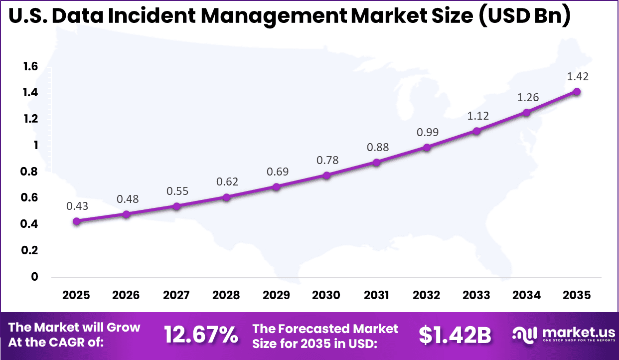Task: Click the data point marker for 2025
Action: pos(76,221)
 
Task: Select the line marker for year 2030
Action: pos(326,176)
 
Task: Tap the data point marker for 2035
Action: pos(577,91)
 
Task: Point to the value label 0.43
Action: pos(77,205)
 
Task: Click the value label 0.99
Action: pos(427,133)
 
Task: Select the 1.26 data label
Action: pos(527,97)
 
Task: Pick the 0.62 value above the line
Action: pos(227,181)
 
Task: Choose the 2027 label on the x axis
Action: pos(176,295)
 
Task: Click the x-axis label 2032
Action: pos(427,295)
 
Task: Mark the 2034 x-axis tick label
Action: pos(527,295)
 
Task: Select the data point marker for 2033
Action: pos(476,131)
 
